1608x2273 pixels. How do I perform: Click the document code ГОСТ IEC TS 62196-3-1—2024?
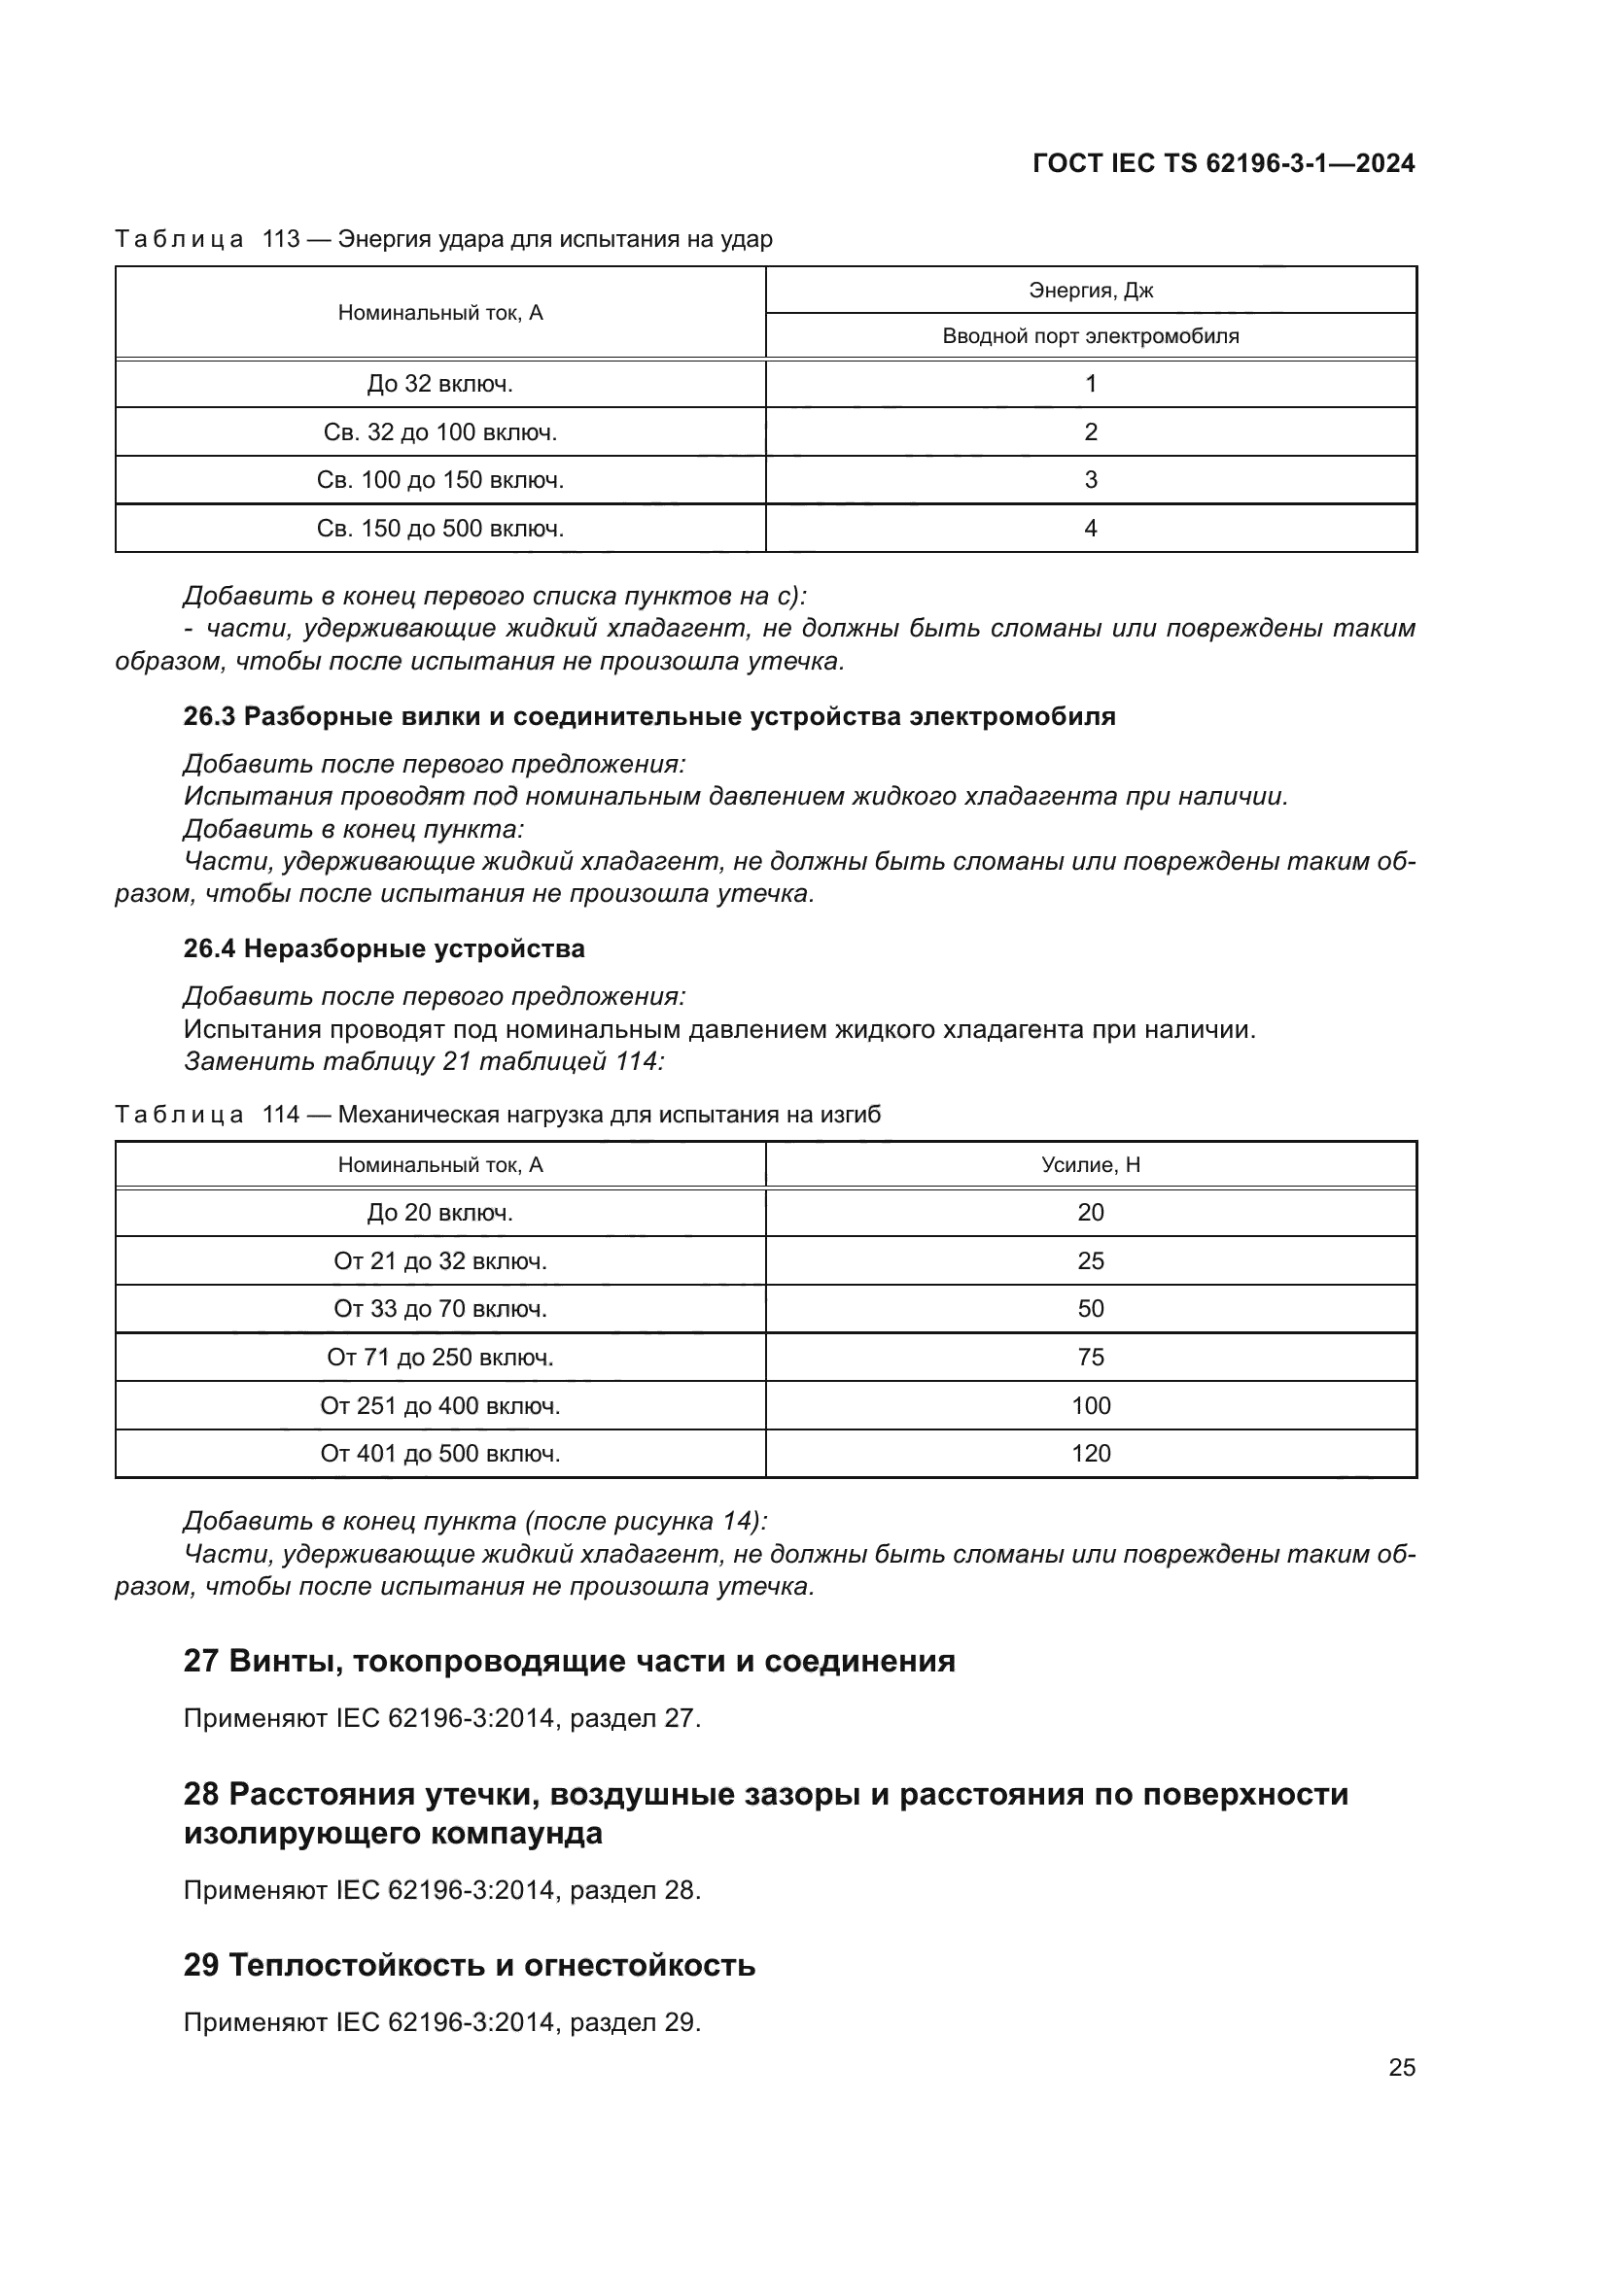coord(1223,163)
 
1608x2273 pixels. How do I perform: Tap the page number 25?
coord(1401,2067)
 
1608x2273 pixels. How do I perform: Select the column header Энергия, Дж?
coord(1090,290)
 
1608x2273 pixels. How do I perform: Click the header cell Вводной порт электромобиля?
coord(1090,335)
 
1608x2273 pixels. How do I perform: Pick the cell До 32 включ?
coord(439,383)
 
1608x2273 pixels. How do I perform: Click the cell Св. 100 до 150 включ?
coord(439,480)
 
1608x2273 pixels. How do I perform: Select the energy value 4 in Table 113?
coord(1090,529)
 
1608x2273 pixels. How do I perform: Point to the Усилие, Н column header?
coord(1090,1165)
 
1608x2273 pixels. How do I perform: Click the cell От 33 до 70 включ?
coord(439,1309)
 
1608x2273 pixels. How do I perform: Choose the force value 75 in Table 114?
coord(1090,1358)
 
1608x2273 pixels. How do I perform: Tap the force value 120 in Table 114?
coord(1090,1453)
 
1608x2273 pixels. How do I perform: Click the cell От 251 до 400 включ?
coord(439,1406)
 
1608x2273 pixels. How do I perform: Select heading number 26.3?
coord(209,717)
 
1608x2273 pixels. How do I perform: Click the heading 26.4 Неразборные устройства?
coord(384,948)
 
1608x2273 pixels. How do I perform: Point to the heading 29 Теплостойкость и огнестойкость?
coord(470,1965)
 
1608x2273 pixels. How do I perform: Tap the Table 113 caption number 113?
coord(280,240)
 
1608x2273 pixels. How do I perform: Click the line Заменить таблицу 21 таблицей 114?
coord(424,1061)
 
